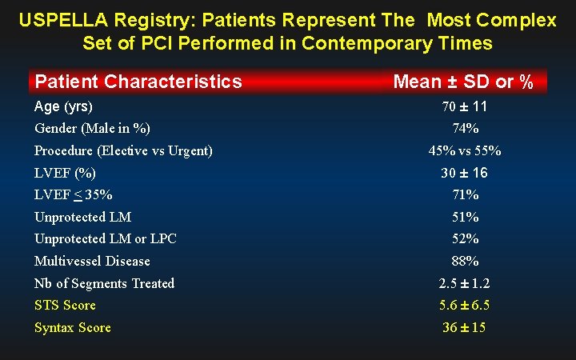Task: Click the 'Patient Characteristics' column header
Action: point(138,82)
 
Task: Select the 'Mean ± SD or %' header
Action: point(463,82)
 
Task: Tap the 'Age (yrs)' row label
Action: point(64,106)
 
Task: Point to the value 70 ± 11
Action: point(465,106)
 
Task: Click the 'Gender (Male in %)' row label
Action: point(92,128)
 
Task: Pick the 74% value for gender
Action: point(465,128)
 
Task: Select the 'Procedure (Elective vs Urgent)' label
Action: point(123,150)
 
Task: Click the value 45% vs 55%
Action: point(465,150)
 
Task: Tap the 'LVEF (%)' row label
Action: point(65,173)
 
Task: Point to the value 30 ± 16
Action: point(465,173)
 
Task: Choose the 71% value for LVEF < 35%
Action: point(465,194)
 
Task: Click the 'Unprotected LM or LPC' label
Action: point(106,238)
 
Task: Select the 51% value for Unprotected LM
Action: point(465,217)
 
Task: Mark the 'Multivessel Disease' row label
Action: point(92,261)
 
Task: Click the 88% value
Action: point(465,261)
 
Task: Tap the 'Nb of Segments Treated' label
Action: point(104,283)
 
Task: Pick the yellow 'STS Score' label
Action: point(65,305)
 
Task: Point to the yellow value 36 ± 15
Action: point(465,327)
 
